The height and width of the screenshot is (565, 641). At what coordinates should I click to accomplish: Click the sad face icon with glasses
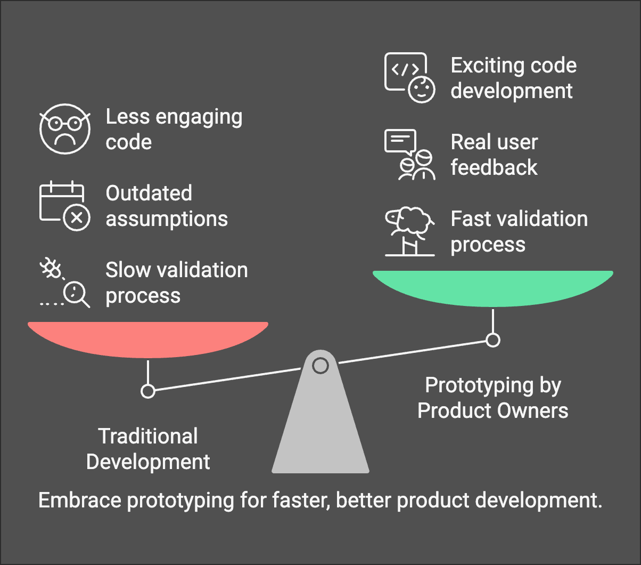coord(64,130)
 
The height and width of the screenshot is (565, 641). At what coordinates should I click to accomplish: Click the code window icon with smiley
coord(409,78)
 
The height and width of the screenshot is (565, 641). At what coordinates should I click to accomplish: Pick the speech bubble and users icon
coord(409,155)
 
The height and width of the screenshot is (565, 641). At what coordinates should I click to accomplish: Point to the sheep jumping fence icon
coord(409,232)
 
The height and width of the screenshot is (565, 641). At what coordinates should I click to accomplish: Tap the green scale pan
coord(492,288)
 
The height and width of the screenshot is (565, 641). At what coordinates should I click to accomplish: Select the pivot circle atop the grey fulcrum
coord(320,366)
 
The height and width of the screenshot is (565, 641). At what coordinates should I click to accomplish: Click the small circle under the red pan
coord(148,391)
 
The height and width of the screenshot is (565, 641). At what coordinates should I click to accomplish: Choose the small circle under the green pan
coord(493,340)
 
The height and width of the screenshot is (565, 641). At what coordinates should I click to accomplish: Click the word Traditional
coord(148,437)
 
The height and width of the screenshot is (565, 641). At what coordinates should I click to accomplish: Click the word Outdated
coord(149,193)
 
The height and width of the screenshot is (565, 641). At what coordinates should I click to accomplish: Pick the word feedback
coord(494,167)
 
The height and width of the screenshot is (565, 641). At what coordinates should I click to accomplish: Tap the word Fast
coord(471,219)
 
